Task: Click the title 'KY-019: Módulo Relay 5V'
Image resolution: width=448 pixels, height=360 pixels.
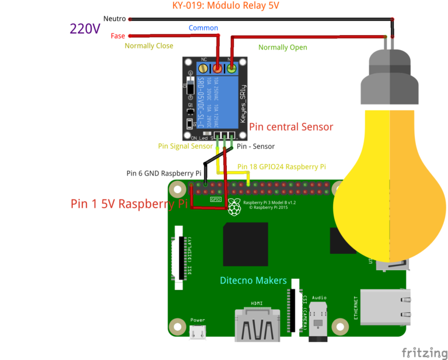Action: [225, 6]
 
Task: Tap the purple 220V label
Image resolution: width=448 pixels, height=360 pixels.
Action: [85, 29]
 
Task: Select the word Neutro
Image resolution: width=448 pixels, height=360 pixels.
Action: [114, 19]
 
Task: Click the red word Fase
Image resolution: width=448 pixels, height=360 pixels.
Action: [118, 36]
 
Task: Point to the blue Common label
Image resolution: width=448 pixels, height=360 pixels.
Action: [203, 28]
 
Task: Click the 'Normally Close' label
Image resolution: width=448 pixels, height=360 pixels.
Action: [149, 46]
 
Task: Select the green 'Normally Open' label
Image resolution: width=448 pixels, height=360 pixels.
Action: [282, 47]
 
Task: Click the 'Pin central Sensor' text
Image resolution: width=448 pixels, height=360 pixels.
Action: [290, 127]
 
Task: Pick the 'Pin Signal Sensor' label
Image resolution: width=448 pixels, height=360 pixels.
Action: [185, 146]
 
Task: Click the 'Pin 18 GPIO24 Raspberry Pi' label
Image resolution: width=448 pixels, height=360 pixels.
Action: [281, 167]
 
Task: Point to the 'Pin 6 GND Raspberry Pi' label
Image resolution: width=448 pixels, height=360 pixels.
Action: [164, 173]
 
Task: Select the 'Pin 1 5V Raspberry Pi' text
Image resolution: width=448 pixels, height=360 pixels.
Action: [129, 204]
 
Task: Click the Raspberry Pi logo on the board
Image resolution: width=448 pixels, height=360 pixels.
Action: [235, 207]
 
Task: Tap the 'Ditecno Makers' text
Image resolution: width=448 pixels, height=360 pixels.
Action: [253, 281]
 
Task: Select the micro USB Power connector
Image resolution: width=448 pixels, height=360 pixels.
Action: [198, 333]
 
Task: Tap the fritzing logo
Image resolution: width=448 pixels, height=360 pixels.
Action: [424, 353]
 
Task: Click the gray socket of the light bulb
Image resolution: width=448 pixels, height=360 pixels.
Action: [390, 76]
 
